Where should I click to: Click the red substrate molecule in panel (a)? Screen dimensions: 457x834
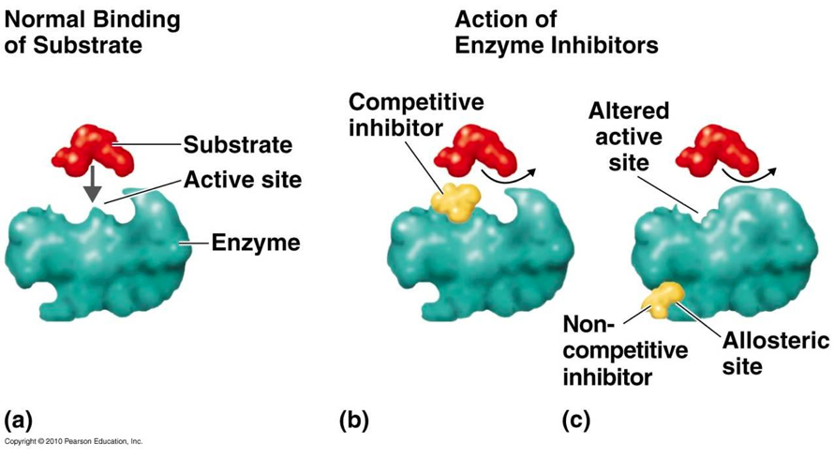[x=96, y=148]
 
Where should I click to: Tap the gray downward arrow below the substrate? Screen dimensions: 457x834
[x=92, y=187]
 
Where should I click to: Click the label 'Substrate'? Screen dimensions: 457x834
[x=237, y=144]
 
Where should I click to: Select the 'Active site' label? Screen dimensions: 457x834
[x=243, y=179]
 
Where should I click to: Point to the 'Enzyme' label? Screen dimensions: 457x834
[x=255, y=243]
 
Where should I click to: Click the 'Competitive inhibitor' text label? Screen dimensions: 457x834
[x=404, y=113]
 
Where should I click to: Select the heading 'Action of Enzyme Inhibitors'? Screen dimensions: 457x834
[x=556, y=31]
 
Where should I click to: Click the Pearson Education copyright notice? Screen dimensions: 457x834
[x=73, y=440]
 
